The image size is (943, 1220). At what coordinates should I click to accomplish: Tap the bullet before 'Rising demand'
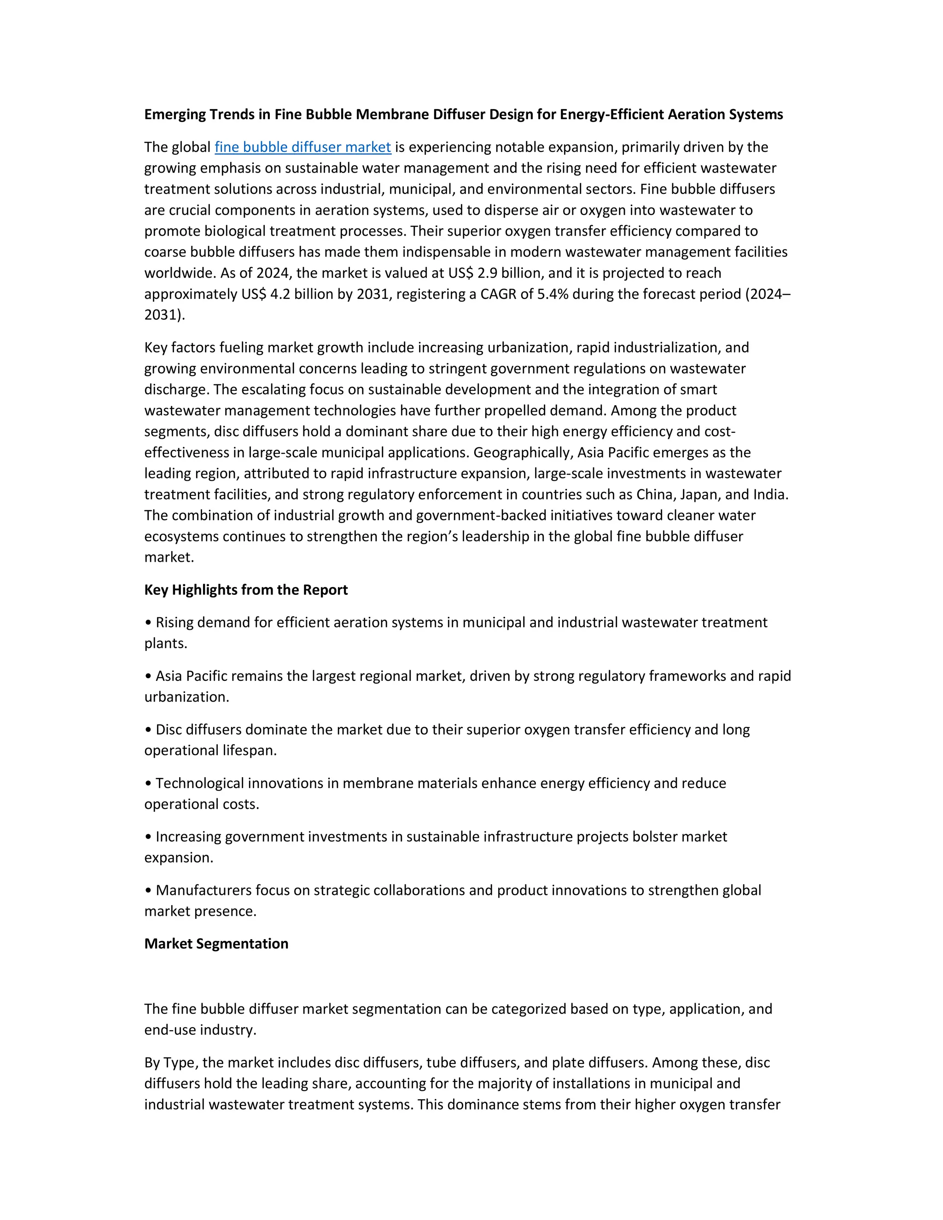[148, 623]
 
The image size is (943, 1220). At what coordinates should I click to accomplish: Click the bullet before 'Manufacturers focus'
[148, 890]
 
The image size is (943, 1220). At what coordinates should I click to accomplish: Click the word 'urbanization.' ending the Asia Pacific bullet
[186, 697]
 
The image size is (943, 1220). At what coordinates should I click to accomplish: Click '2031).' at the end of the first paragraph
[164, 315]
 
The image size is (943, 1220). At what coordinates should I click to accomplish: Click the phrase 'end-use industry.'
[200, 1029]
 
